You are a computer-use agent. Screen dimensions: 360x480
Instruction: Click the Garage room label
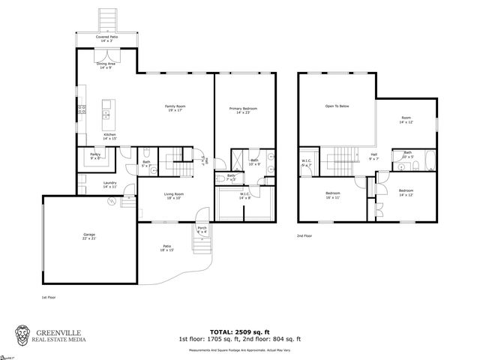[x=88, y=238]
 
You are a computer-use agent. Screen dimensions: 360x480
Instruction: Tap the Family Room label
[x=175, y=108]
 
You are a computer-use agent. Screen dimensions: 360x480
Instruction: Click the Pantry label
[x=95, y=156]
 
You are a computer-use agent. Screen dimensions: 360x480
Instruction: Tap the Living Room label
[x=174, y=195]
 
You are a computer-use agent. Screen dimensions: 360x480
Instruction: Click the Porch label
[x=202, y=229]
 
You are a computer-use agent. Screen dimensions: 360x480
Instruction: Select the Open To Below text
[x=337, y=106]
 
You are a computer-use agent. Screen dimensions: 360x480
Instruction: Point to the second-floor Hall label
[x=373, y=157]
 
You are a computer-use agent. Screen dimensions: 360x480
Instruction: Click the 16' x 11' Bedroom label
[x=332, y=195]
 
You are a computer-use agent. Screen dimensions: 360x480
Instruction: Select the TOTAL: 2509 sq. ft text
[x=240, y=331]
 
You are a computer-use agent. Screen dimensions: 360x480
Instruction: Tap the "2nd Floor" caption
[x=304, y=235]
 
